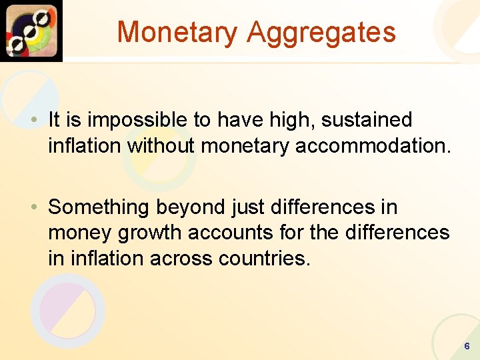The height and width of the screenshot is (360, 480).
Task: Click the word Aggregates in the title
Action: tap(321, 33)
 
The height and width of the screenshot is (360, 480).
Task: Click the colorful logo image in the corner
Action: tap(31, 31)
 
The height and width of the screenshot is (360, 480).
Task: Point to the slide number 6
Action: tap(467, 347)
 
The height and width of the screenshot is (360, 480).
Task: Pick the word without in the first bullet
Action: tap(162, 145)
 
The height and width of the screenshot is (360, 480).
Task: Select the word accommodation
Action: tap(369, 145)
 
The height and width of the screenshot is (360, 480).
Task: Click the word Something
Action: tap(99, 208)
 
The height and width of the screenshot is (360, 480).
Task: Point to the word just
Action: tap(247, 208)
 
